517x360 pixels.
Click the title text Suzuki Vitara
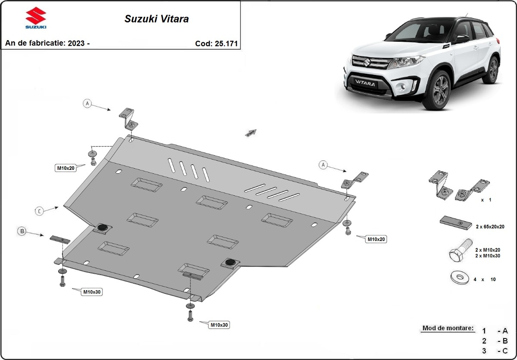156,19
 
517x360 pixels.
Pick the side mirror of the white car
461,39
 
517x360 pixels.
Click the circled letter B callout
22,232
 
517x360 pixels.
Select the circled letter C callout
39,211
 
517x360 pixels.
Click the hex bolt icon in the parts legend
457,255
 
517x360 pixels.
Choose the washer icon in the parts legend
459,278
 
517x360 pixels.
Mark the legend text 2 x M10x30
488,256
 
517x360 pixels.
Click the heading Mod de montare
448,328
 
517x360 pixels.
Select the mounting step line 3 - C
495,350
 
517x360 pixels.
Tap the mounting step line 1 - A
495,331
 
